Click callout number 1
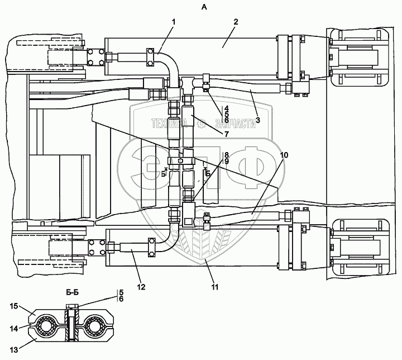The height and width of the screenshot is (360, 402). (174, 22)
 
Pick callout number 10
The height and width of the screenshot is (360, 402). (284, 154)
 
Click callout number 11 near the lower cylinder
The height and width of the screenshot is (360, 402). (215, 287)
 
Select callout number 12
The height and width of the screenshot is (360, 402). (142, 287)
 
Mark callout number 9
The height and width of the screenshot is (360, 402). (227, 161)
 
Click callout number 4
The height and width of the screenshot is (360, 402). (227, 108)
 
